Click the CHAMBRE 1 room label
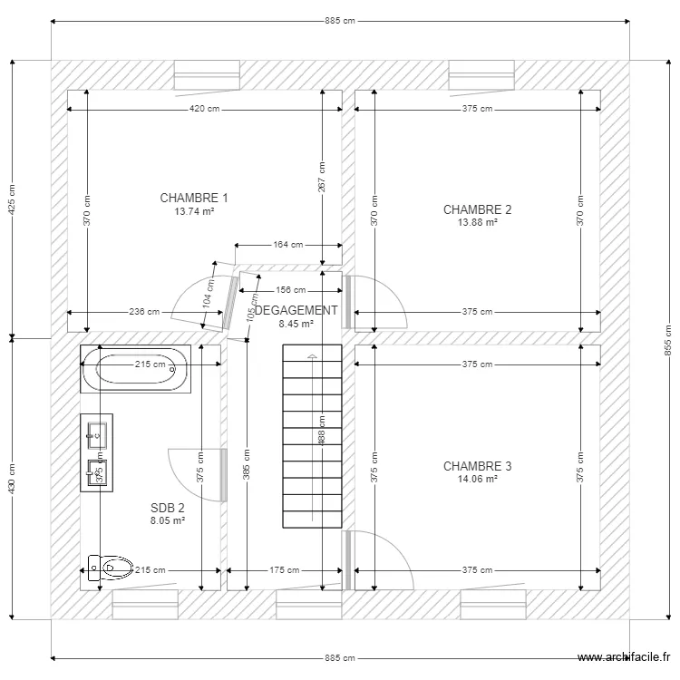(194, 198)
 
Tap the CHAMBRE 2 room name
(477, 209)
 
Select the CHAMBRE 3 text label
(477, 466)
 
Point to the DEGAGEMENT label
(296, 310)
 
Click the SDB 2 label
(168, 509)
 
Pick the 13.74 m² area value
(194, 210)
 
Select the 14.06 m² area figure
(477, 479)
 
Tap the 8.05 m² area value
(168, 521)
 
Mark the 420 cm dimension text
(204, 109)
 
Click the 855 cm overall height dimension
(667, 340)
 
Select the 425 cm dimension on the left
(12, 200)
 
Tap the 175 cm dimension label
(285, 571)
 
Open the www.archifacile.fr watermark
(625, 659)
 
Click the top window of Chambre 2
(481, 75)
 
